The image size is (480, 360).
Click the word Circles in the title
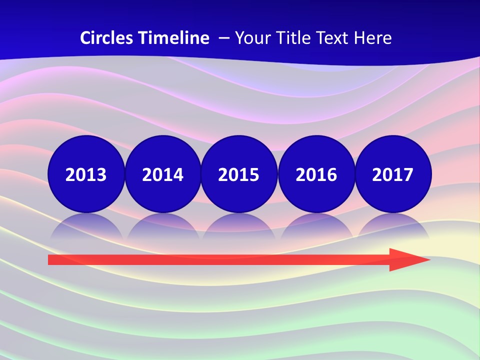click(107, 38)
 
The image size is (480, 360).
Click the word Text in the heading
click(330, 38)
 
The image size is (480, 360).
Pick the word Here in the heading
click(372, 38)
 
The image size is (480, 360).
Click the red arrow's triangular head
click(407, 259)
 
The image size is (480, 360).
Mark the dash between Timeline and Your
click(223, 38)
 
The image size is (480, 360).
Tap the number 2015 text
click(239, 174)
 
